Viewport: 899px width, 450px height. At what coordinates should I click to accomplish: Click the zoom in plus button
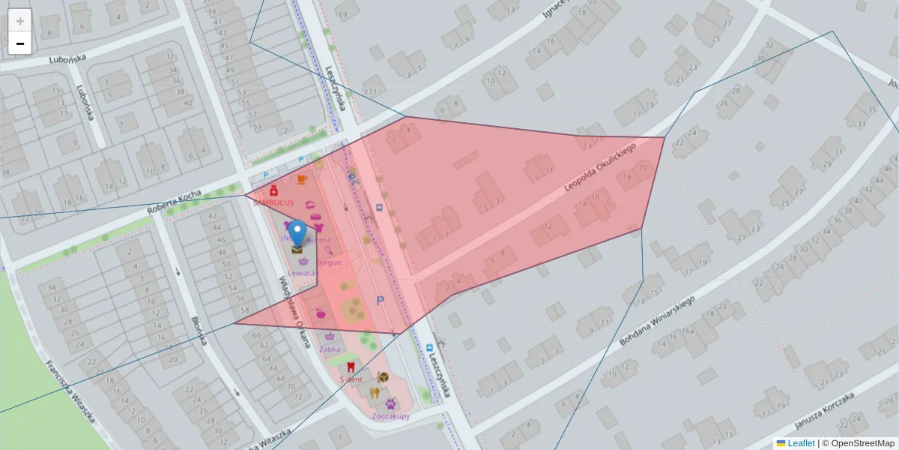point(20,21)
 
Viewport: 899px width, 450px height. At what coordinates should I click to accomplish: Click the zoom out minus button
point(20,43)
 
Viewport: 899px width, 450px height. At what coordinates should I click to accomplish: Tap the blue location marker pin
point(298,233)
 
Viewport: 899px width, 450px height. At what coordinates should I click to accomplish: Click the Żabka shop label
point(330,349)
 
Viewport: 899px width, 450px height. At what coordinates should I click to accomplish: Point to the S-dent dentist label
point(351,380)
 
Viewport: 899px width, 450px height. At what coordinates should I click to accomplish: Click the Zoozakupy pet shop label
point(390,415)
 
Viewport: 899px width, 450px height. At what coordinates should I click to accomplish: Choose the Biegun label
point(329,262)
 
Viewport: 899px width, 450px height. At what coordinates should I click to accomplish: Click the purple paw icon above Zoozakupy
point(391,404)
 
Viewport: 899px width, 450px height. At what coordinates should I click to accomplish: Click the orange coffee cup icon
point(301,180)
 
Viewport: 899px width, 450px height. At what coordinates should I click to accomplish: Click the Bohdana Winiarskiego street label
point(658,319)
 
